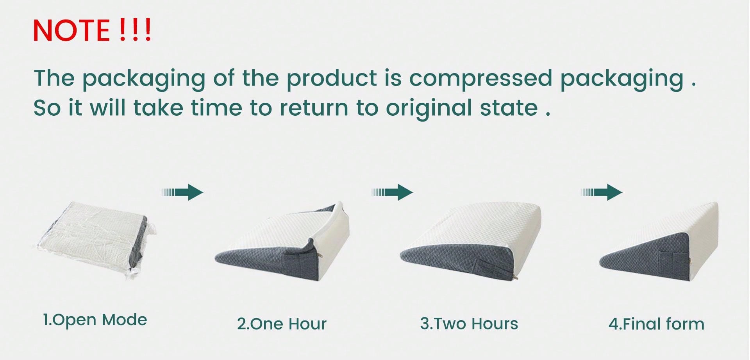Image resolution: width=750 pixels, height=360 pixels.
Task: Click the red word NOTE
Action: [x=71, y=30]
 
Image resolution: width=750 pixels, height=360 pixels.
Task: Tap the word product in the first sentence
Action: [x=332, y=78]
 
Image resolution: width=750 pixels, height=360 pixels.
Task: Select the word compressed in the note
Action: [x=480, y=78]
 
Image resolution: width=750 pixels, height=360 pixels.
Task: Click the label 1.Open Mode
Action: [x=95, y=320]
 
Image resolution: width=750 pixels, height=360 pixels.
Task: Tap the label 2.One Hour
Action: [x=282, y=324]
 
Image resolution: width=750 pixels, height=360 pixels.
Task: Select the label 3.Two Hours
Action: [x=469, y=324]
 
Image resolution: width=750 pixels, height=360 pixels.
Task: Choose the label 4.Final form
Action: [x=656, y=324]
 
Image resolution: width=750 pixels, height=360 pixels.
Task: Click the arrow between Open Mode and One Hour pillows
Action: [x=183, y=192]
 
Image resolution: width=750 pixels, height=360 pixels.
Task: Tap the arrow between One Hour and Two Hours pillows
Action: [x=392, y=192]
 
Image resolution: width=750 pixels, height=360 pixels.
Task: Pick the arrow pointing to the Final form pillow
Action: [x=602, y=192]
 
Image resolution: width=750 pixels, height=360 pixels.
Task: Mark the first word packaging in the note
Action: [x=144, y=79]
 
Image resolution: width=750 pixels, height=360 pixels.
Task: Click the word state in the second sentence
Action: [x=509, y=108]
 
